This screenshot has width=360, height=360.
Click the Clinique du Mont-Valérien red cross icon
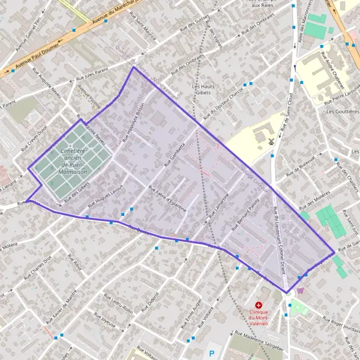click(259, 305)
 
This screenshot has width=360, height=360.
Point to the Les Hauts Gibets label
click(203, 89)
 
